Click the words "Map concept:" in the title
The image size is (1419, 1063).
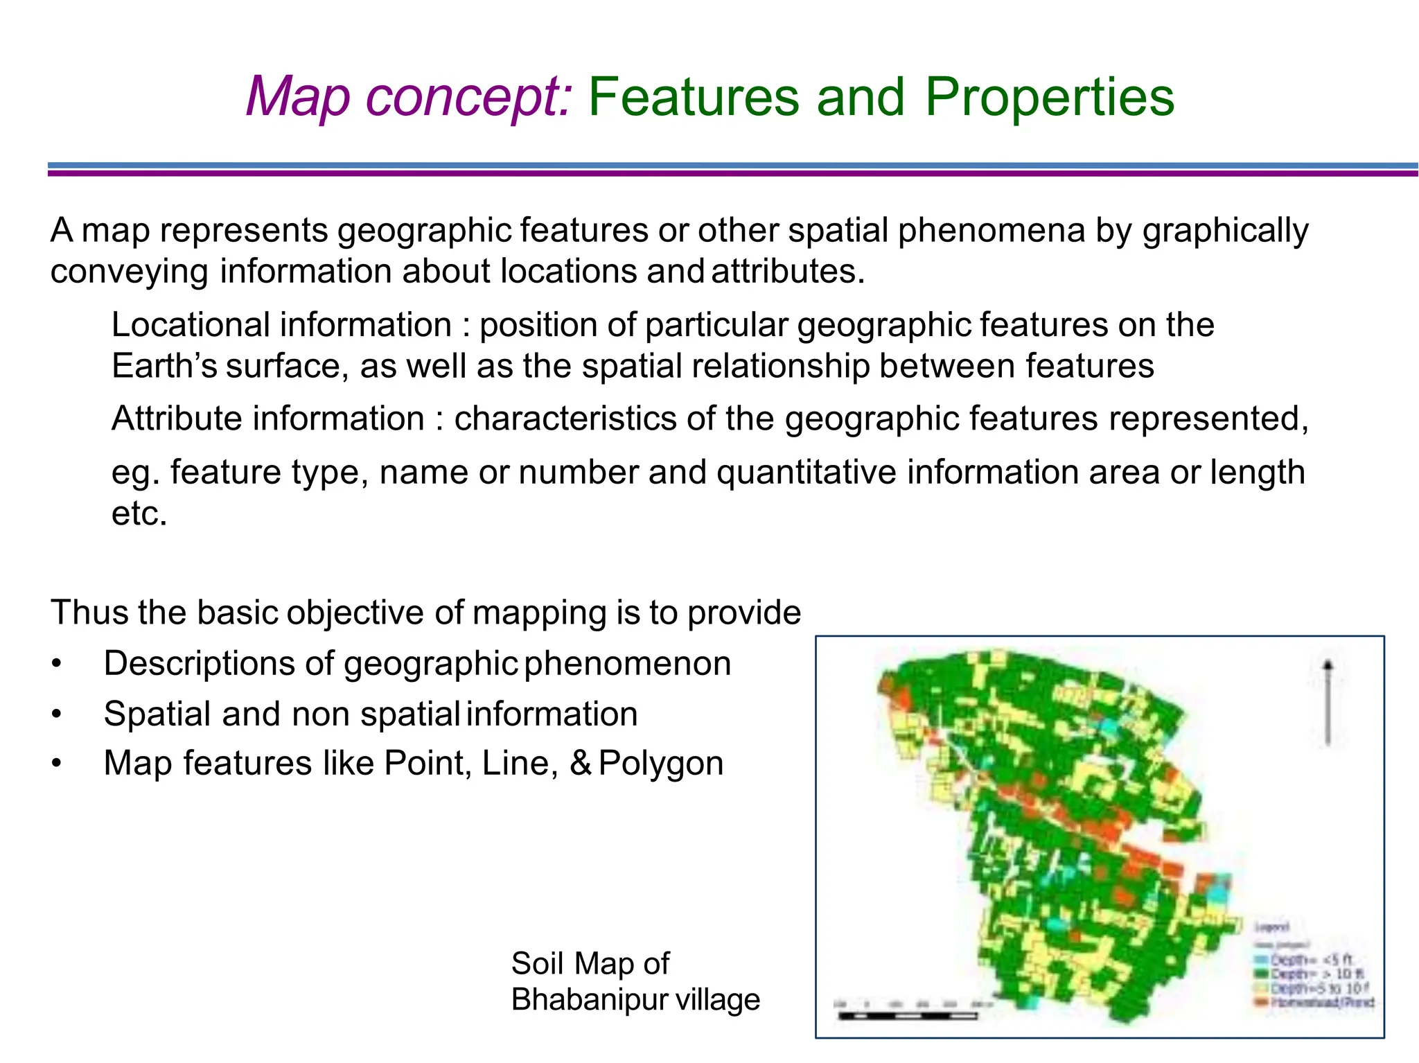[409, 97]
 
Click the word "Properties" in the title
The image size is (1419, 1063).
[1050, 97]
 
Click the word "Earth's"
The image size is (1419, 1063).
[164, 366]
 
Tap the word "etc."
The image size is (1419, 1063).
[139, 513]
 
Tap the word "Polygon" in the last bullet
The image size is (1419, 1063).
[661, 764]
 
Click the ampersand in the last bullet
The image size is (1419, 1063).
[581, 764]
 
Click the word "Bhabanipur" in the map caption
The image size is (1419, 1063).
[589, 1000]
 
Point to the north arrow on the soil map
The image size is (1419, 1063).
[1328, 702]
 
